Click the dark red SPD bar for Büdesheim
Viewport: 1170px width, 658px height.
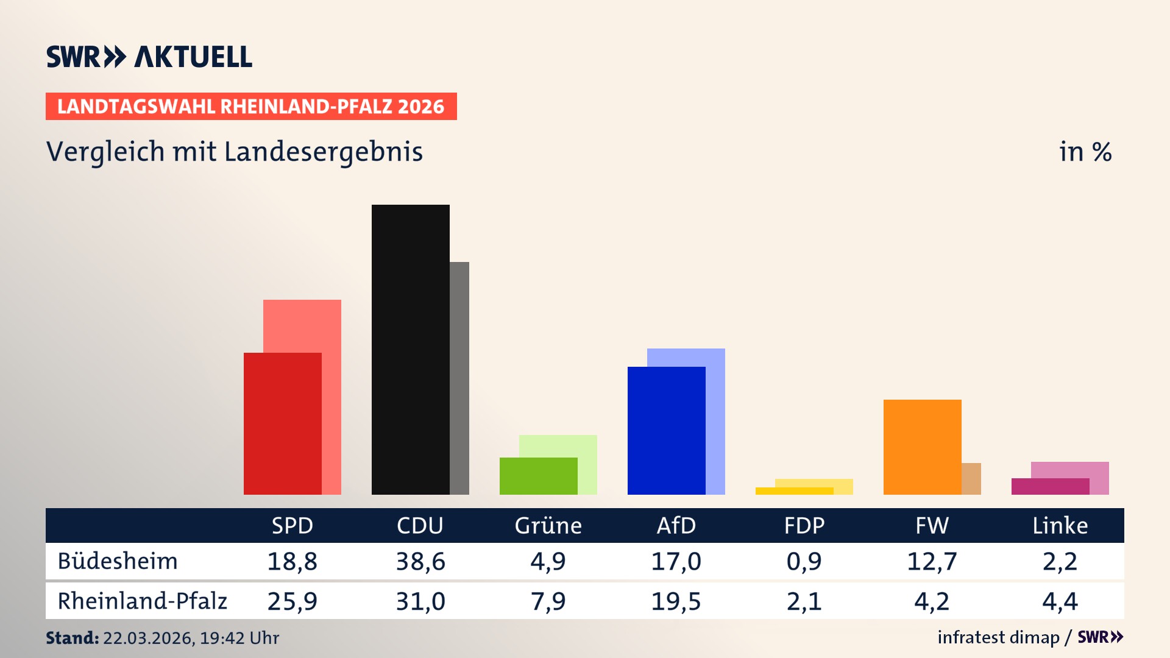(x=282, y=423)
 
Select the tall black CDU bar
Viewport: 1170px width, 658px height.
(x=410, y=349)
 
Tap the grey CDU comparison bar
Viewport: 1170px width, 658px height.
(x=459, y=378)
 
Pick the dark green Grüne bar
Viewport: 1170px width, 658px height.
(x=538, y=476)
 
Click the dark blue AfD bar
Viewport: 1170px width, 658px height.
(x=666, y=430)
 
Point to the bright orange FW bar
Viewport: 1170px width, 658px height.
(x=922, y=447)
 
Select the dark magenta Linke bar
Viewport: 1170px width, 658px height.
(x=1050, y=486)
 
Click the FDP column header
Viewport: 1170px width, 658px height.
(x=804, y=525)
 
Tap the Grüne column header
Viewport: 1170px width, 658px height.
(x=548, y=525)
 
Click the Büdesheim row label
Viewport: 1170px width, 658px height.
(x=118, y=561)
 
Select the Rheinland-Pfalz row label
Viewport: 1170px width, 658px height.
(x=142, y=601)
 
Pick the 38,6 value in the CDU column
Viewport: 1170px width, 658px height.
(x=420, y=561)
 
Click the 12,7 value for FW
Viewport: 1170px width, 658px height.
(x=932, y=561)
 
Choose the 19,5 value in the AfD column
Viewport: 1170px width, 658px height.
(x=676, y=601)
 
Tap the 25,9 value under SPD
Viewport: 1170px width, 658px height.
(x=292, y=601)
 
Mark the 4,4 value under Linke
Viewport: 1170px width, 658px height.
(x=1060, y=601)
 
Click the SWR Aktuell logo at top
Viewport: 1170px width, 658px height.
(x=149, y=57)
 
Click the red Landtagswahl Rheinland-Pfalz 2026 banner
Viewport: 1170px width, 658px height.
(x=251, y=107)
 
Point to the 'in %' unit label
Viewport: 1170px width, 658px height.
(x=1085, y=152)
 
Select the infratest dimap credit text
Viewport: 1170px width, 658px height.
(x=998, y=637)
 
